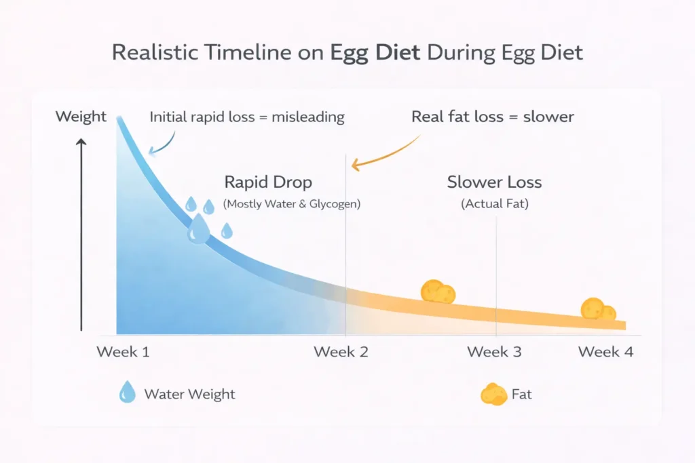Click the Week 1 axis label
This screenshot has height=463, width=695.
123,352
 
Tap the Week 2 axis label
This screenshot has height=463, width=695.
341,352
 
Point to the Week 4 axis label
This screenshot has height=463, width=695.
605,352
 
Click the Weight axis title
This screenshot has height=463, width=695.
81,117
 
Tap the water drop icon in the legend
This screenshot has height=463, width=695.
127,392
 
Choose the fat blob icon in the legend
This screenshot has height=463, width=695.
493,394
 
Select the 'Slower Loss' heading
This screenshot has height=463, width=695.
494,182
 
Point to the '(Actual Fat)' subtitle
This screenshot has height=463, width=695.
495,203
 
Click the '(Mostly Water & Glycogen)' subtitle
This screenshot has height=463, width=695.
292,203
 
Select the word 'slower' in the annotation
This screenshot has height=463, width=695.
548,117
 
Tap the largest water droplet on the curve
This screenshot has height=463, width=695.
199,229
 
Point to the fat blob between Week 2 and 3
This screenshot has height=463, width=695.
438,291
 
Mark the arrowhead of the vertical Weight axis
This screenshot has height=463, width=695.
81,142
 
